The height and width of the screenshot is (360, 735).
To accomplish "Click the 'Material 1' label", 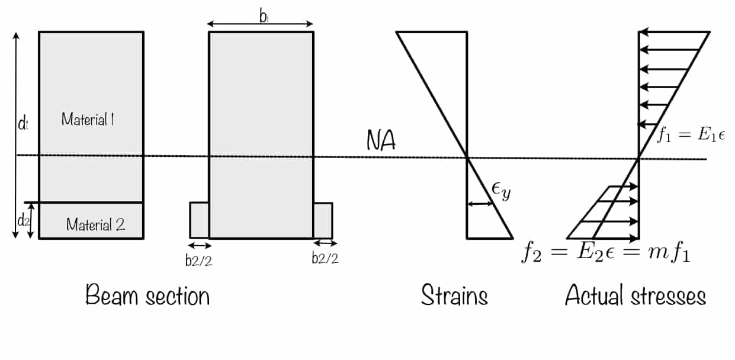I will [88, 119].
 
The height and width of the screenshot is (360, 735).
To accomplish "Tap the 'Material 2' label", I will [95, 225].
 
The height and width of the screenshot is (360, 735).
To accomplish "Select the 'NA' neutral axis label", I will [381, 141].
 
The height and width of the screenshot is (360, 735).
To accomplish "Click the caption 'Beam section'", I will [147, 295].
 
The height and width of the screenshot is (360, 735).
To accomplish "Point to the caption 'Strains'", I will [454, 295].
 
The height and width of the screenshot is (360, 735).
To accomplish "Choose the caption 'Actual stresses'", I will [635, 295].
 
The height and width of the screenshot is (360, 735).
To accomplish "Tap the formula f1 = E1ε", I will [691, 135].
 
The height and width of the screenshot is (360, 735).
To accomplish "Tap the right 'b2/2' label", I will [325, 259].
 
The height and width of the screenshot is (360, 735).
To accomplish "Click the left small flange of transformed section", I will [199, 220].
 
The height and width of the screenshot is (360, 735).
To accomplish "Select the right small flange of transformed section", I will [323, 220].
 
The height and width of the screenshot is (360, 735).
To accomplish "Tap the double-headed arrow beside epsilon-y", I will [480, 204].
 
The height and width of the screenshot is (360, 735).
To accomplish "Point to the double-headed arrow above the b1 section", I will [260, 24].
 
